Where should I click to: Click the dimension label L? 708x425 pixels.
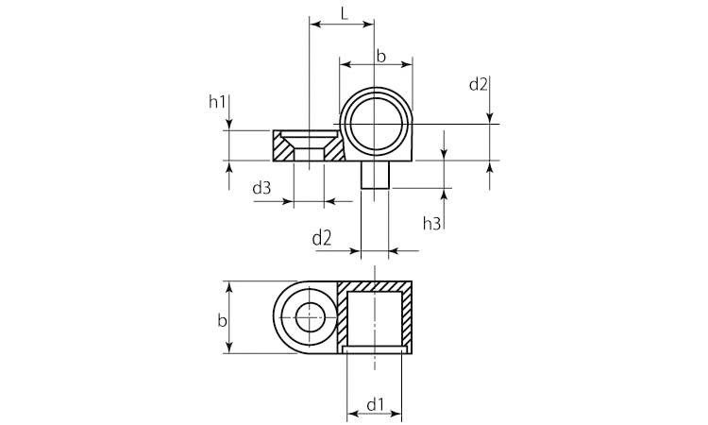(345, 14)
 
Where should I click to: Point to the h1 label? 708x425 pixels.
(217, 102)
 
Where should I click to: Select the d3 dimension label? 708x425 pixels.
(261, 187)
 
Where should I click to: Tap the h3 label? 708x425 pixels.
(431, 223)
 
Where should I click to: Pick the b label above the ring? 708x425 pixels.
(381, 57)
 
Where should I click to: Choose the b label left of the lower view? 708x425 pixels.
(222, 321)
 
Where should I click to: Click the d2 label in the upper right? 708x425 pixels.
(479, 84)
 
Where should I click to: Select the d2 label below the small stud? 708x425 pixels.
(322, 238)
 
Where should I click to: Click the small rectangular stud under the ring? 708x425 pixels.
(375, 175)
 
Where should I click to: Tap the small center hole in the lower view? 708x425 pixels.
(311, 317)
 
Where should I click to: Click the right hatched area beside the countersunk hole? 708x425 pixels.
(334, 147)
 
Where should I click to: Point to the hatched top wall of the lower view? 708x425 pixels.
(375, 286)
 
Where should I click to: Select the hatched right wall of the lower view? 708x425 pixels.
(406, 317)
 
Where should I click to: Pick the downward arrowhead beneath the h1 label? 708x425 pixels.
(229, 124)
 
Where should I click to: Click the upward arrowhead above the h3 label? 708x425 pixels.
(444, 195)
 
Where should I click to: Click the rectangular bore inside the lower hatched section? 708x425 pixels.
(375, 319)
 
